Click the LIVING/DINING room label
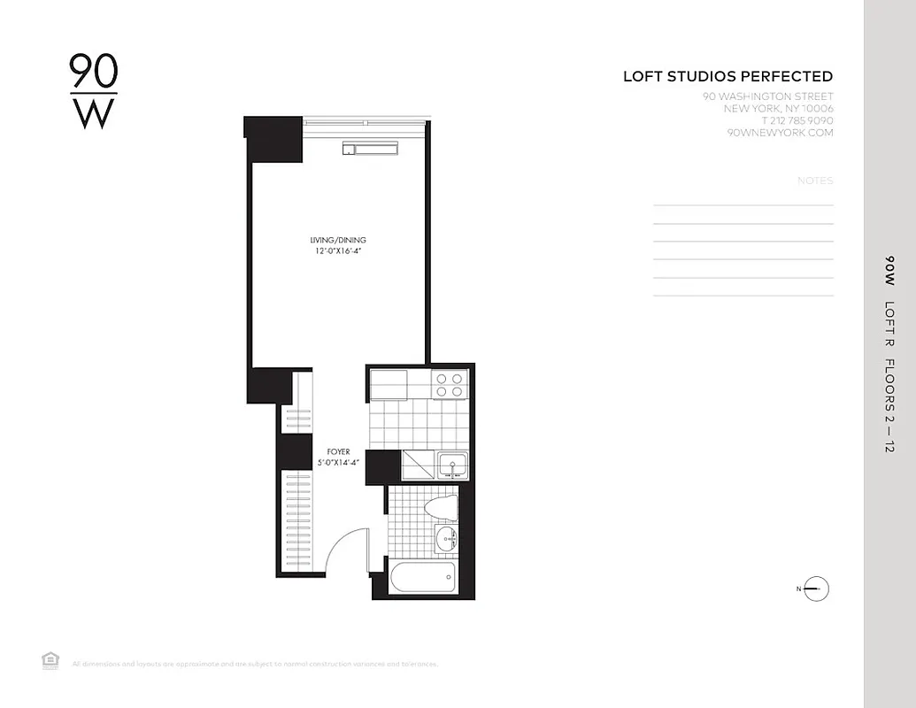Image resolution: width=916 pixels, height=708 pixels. (x=337, y=240)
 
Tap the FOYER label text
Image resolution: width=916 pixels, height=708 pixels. (x=337, y=451)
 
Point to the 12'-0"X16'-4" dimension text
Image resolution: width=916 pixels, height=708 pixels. (x=337, y=251)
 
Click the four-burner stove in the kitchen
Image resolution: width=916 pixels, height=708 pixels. (x=449, y=384)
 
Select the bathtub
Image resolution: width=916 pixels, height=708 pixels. (x=423, y=580)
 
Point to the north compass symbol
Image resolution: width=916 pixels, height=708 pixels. (x=815, y=589)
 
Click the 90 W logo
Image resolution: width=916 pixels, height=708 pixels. (x=93, y=92)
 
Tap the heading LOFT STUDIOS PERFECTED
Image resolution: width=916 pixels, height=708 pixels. (x=727, y=77)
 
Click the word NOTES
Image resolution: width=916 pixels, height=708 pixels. (x=815, y=181)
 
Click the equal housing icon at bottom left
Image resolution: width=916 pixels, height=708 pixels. (x=49, y=658)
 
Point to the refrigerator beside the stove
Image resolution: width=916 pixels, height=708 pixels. (x=389, y=384)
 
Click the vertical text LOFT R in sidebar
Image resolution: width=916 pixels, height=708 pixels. (x=889, y=323)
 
